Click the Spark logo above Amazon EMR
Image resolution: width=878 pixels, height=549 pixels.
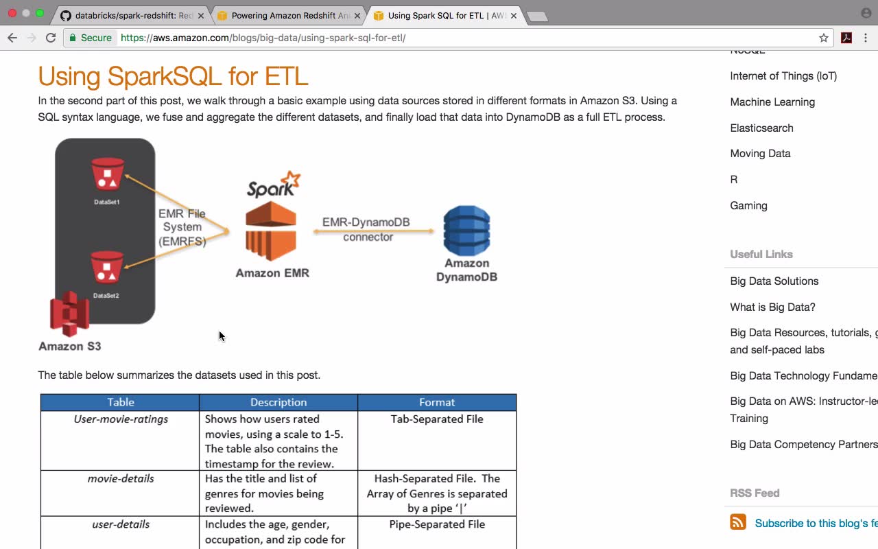point(273,185)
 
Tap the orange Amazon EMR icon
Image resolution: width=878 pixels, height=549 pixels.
point(272,231)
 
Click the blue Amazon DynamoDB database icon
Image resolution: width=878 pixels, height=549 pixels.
point(466,231)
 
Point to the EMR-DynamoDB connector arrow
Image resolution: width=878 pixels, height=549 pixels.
point(374,231)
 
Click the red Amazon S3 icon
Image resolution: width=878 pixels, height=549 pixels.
point(70,314)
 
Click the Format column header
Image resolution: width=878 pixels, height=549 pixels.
point(437,402)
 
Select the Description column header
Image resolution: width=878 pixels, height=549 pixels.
point(278,402)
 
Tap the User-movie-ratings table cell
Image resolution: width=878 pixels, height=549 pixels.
point(121,419)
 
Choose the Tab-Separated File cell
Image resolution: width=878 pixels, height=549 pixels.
point(437,419)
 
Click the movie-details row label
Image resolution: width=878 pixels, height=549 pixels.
point(121,478)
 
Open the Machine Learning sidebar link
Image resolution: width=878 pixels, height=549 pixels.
point(772,102)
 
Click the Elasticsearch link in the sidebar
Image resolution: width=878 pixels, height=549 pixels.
point(761,128)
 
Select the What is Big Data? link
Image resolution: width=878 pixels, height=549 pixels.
point(772,307)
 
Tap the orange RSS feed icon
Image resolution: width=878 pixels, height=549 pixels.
point(738,522)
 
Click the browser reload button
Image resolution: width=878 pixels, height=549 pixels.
point(51,38)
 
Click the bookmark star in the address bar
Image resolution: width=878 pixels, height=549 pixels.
point(824,38)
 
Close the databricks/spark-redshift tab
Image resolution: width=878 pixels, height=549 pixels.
point(201,15)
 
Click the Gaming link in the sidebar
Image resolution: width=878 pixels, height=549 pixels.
point(748,206)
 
